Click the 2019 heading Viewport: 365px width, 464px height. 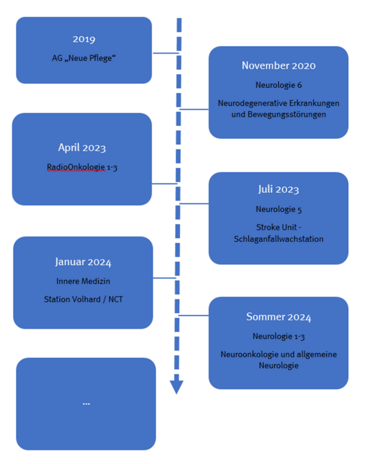pyautogui.click(x=84, y=39)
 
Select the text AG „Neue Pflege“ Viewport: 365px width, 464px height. pyautogui.click(x=84, y=58)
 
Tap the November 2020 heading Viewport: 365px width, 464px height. pyautogui.click(x=278, y=65)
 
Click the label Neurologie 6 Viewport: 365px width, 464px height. pyautogui.click(x=278, y=85)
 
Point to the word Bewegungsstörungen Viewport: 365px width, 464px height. pyautogui.click(x=278, y=114)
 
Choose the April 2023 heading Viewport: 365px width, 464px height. pyautogui.click(x=82, y=147)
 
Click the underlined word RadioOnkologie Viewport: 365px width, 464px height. pyautogui.click(x=76, y=167)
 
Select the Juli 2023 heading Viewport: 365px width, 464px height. pyautogui.click(x=278, y=189)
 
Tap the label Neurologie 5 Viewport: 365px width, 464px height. pyautogui.click(x=278, y=209)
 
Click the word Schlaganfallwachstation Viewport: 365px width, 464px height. pyautogui.click(x=278, y=239)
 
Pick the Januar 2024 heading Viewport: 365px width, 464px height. pyautogui.click(x=83, y=262)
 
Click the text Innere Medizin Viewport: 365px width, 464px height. pyautogui.click(x=83, y=281)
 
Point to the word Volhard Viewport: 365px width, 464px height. pyautogui.click(x=87, y=299)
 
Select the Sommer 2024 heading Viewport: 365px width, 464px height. pyautogui.click(x=278, y=317)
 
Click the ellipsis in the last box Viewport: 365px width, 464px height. pyautogui.click(x=86, y=404)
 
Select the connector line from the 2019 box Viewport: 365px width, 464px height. pyautogui.click(x=166, y=53)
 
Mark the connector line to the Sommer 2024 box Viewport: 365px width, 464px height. pyautogui.click(x=193, y=316)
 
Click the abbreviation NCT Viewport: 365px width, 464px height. pyautogui.click(x=115, y=299)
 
